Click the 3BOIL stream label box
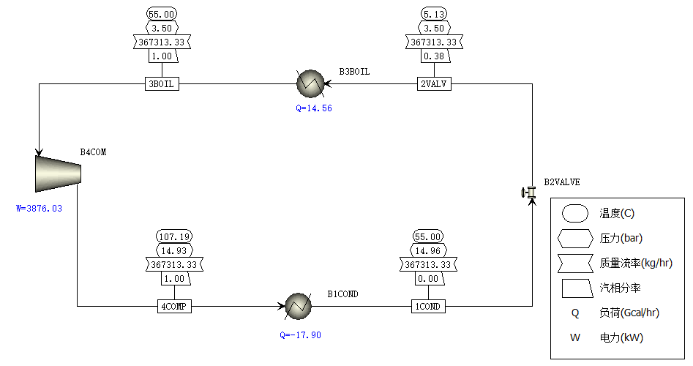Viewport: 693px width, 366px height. click(x=162, y=84)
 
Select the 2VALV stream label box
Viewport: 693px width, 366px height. click(x=433, y=84)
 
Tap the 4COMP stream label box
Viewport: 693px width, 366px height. click(x=174, y=307)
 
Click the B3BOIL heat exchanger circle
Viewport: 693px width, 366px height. click(x=310, y=83)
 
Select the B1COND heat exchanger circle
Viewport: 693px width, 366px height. click(x=298, y=306)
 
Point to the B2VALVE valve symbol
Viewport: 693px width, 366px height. click(x=528, y=193)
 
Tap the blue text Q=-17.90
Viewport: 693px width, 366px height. click(x=300, y=335)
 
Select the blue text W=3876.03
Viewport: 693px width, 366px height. click(x=40, y=209)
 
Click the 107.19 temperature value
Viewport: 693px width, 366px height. click(x=174, y=236)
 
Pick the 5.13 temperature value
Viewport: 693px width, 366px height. click(x=433, y=15)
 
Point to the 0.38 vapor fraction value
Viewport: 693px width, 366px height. click(x=433, y=56)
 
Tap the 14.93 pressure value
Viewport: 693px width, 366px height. click(x=174, y=250)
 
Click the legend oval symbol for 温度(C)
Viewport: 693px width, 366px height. click(x=575, y=214)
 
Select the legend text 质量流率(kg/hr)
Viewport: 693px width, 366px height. click(x=636, y=263)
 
